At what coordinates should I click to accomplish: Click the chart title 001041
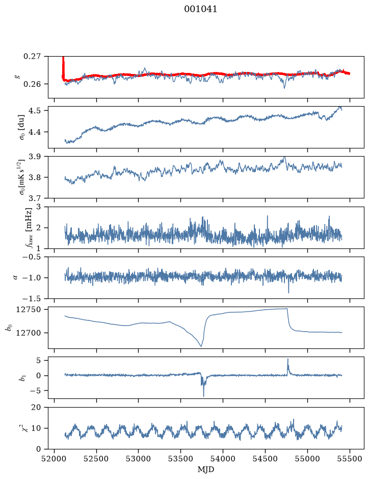click(x=200, y=9)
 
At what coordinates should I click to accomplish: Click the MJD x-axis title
click(x=206, y=469)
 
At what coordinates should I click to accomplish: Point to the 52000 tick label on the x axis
click(x=55, y=459)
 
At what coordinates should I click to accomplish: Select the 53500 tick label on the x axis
click(x=181, y=459)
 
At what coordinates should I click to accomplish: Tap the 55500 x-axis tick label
click(x=350, y=459)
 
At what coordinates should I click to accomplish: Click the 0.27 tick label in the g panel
click(x=32, y=57)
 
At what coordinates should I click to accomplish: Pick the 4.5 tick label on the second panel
click(x=35, y=110)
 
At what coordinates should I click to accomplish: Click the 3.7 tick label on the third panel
click(x=35, y=198)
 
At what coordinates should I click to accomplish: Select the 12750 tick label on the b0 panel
click(x=28, y=310)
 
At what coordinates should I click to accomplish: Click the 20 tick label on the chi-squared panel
click(x=36, y=407)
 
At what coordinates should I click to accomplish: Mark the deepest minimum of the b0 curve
click(x=201, y=346)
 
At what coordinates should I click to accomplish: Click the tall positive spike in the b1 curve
click(x=287, y=360)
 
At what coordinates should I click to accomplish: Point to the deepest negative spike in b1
click(x=203, y=396)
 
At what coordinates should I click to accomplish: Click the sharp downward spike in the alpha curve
click(x=288, y=292)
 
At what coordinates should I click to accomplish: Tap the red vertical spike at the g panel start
click(x=63, y=67)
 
